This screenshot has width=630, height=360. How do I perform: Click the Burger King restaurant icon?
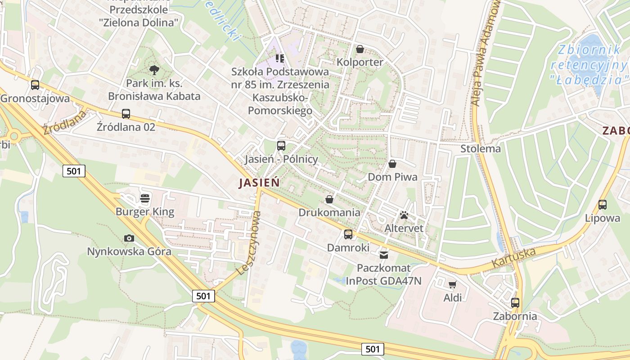tap(145, 198)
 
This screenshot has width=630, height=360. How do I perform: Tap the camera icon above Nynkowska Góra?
tap(129, 238)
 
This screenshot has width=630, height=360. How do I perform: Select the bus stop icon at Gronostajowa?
tap(35, 85)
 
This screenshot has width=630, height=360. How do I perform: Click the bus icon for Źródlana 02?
tap(126, 114)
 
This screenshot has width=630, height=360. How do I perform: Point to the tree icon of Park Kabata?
tap(154, 70)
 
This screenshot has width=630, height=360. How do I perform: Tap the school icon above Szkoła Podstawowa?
tap(280, 58)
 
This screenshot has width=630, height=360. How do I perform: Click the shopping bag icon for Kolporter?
tap(360, 49)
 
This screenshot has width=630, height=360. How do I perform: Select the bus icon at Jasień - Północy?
tap(281, 145)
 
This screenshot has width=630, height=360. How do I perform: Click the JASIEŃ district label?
tap(259, 183)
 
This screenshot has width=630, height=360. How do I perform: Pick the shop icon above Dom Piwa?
tap(392, 164)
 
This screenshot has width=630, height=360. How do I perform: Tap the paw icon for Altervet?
tap(404, 215)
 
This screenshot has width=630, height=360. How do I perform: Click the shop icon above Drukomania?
tap(329, 199)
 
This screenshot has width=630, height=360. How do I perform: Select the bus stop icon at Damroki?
tap(348, 234)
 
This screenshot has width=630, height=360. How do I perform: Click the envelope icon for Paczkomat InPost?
tap(383, 255)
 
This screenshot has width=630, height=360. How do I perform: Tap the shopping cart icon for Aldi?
tap(453, 284)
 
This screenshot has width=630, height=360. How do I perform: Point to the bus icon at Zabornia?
tap(515, 303)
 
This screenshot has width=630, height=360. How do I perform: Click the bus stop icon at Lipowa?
tap(603, 205)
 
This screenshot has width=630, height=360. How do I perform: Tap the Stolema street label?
tap(481, 148)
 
